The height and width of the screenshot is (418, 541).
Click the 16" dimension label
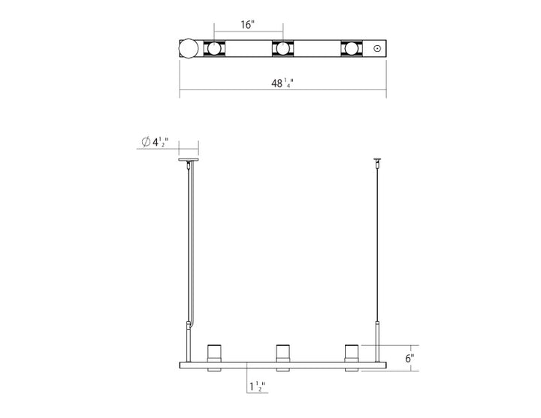click(x=248, y=24)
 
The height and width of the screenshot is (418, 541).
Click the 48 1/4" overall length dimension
click(x=283, y=84)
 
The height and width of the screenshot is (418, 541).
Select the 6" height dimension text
click(x=410, y=359)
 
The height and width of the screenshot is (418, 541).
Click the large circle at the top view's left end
click(x=188, y=50)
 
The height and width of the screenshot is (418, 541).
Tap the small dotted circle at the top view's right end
click(x=376, y=50)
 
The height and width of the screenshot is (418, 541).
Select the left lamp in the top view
click(x=215, y=50)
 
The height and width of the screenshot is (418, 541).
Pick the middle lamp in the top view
click(x=283, y=50)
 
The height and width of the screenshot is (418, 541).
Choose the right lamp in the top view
click(x=351, y=50)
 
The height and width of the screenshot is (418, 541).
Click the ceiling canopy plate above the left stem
click(x=188, y=159)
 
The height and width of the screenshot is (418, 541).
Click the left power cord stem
click(x=188, y=241)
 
